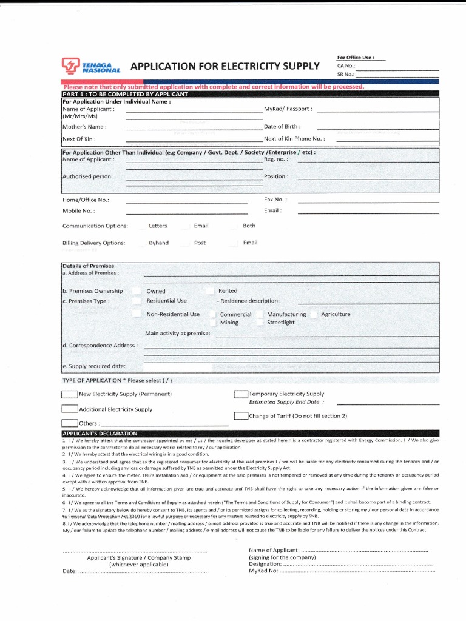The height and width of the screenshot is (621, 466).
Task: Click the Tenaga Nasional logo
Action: (x=91, y=65)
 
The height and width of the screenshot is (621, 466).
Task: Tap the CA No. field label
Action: (x=346, y=66)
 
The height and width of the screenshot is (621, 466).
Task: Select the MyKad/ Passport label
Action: (x=288, y=109)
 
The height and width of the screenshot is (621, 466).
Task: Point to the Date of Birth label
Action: (x=282, y=126)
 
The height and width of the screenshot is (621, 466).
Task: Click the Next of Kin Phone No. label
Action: (x=294, y=139)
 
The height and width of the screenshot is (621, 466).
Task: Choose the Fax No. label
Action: (x=275, y=199)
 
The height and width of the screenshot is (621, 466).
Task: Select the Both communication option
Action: (x=249, y=226)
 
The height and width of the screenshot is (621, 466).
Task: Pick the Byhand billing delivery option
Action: (x=158, y=243)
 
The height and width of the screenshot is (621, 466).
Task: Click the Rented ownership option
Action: (x=228, y=291)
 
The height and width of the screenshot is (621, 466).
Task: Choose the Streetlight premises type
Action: (x=280, y=323)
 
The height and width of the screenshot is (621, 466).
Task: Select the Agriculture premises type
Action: (x=336, y=314)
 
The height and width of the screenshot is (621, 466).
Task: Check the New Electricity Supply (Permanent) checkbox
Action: (x=70, y=394)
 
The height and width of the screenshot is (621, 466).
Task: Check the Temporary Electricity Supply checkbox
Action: (x=241, y=394)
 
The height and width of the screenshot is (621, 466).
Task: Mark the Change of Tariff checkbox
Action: (x=241, y=416)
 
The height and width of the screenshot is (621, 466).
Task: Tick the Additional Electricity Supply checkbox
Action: (x=70, y=409)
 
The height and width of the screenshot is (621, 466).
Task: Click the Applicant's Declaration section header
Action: (x=100, y=433)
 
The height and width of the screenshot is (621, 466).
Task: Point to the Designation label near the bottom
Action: (x=265, y=563)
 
